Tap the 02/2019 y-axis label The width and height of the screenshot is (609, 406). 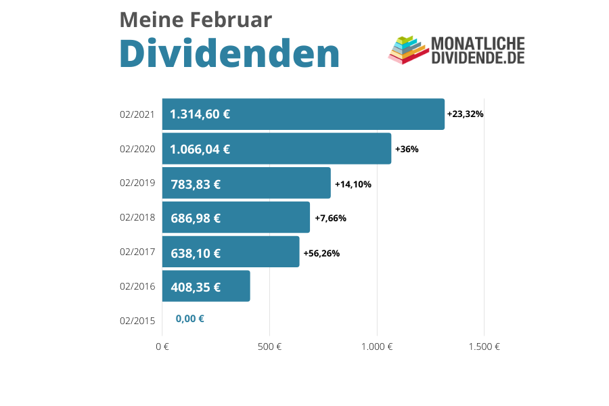137,183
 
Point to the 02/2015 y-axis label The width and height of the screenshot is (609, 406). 137,321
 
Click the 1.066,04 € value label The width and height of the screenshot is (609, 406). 200,149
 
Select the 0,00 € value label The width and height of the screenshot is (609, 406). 189,319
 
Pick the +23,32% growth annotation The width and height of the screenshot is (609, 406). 465,114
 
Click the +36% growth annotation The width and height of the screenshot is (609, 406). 407,149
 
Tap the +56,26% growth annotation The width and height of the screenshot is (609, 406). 321,254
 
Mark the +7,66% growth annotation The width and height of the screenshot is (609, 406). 330,218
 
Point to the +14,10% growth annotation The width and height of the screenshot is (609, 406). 353,184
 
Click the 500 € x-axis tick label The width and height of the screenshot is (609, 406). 269,347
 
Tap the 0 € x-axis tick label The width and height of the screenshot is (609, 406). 162,347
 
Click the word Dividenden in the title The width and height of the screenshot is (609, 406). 229,54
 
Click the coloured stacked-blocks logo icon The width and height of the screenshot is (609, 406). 406,50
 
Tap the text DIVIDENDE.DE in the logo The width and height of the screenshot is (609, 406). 478,58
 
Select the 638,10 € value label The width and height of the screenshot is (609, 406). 195,254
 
